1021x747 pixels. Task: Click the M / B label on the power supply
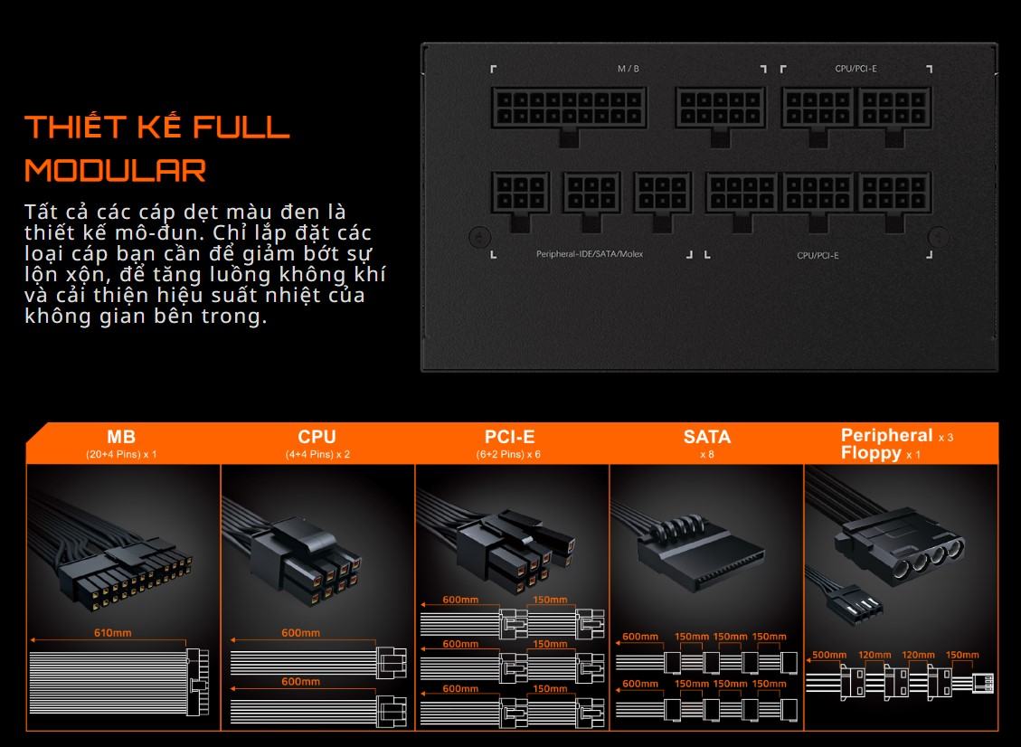coord(628,69)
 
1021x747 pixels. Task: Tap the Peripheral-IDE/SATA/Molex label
coord(590,254)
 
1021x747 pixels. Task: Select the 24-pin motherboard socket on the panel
coord(569,109)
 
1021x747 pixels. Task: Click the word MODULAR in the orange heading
coord(115,171)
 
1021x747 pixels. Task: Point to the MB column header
coord(121,436)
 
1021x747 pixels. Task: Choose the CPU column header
coord(317,436)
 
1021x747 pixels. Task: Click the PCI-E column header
coord(510,436)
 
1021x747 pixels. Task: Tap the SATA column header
coord(707,436)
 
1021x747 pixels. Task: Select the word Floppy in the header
coord(871,452)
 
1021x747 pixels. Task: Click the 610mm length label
coord(113,632)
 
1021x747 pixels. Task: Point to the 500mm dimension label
coord(829,655)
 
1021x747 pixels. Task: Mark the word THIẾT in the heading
coord(74,126)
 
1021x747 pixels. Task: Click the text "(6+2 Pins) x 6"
coord(508,454)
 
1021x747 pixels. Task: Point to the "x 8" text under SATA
coord(707,454)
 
